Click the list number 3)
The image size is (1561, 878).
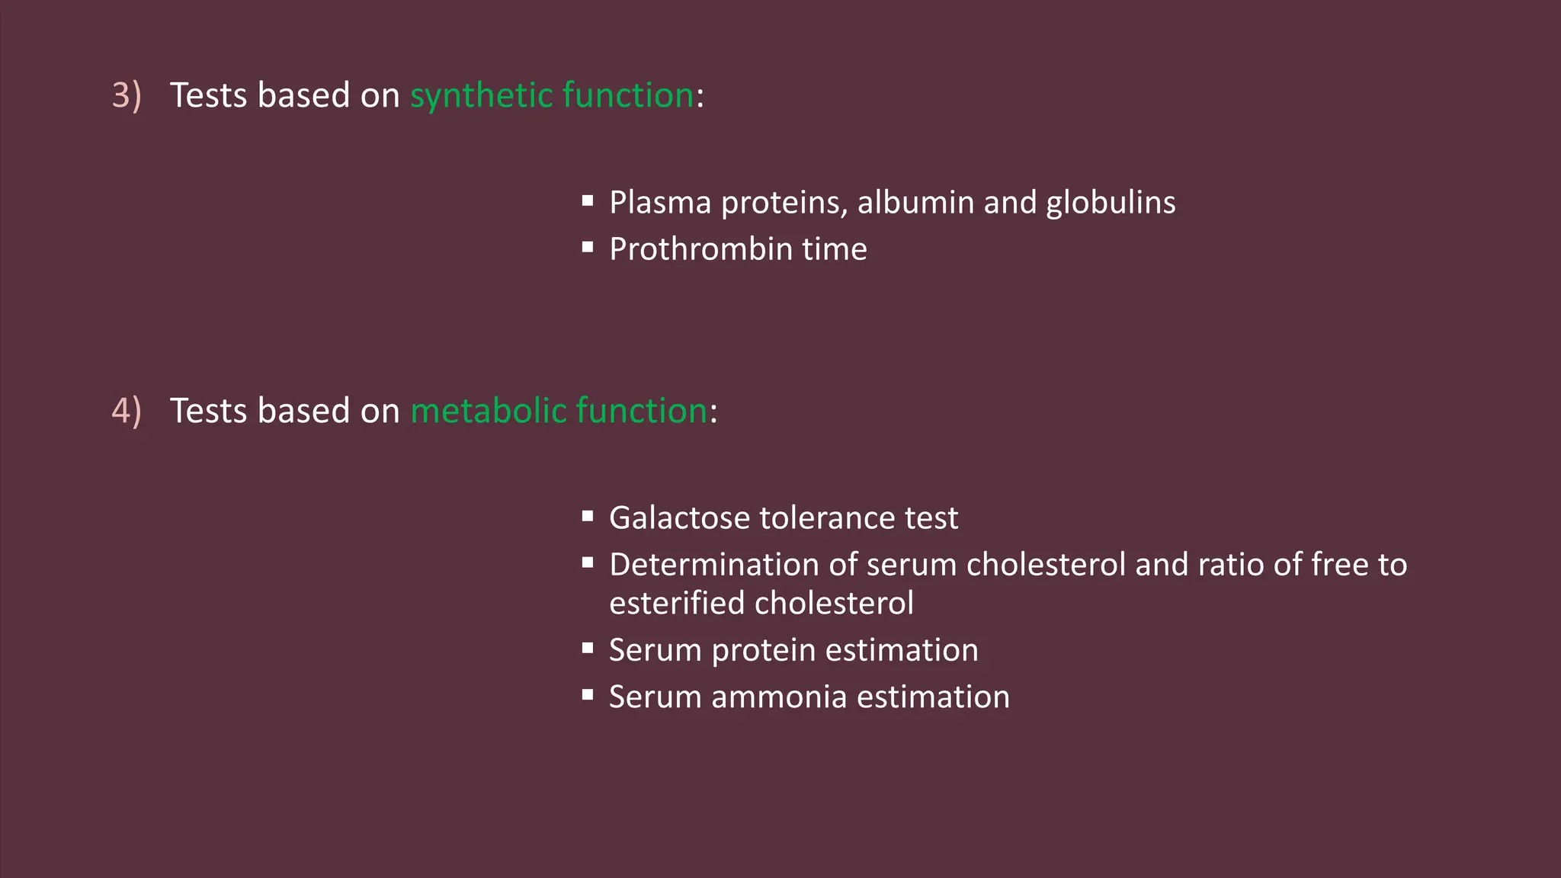point(127,96)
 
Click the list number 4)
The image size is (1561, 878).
point(127,412)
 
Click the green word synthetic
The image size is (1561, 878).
point(481,96)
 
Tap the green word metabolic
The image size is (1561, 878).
point(489,412)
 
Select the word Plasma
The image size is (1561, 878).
point(660,203)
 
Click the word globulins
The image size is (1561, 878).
point(1111,203)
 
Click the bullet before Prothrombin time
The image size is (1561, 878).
point(588,247)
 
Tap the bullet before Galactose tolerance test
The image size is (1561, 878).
point(588,516)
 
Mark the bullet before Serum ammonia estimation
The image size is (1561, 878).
point(588,694)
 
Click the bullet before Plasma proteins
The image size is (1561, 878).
point(588,200)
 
